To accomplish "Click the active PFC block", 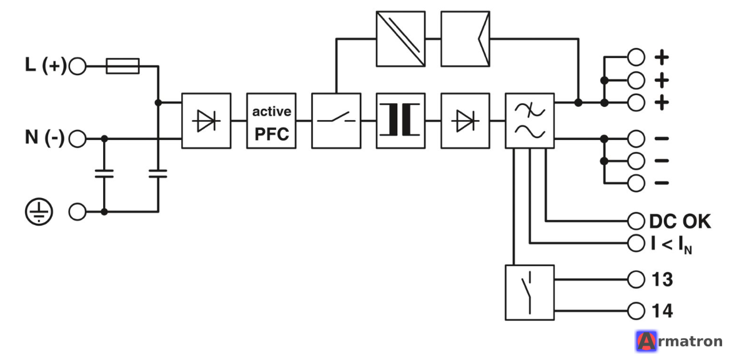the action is tap(271, 121).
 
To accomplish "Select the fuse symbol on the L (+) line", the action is tap(122, 66).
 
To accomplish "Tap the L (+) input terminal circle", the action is tap(77, 66).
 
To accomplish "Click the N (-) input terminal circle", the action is tap(77, 139).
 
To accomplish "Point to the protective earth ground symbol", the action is tap(39, 212).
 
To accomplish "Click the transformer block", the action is tap(400, 121).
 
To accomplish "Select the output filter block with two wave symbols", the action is tap(530, 121).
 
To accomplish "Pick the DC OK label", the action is tap(680, 222).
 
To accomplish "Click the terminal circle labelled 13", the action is tap(636, 280).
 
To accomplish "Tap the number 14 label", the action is tap(662, 311).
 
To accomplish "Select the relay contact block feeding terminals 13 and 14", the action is tap(530, 292).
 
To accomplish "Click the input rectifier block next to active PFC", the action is tap(206, 121).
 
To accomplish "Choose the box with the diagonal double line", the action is tap(400, 39).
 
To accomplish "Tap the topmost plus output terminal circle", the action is tap(636, 57).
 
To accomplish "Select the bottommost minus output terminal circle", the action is tap(636, 182).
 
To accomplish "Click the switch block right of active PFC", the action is tap(335, 121).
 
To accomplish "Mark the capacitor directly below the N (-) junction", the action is tap(104, 174).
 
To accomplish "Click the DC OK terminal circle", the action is tap(636, 221).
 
